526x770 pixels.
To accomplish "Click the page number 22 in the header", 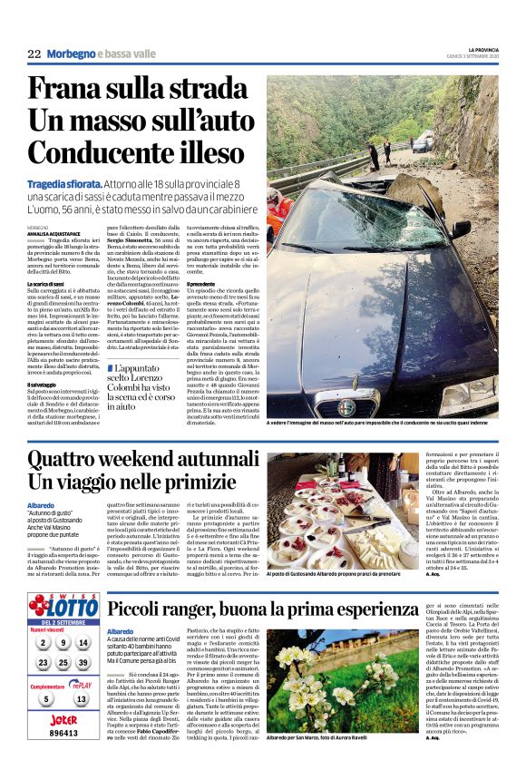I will coord(34,54).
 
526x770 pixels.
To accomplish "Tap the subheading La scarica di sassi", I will coord(49,285).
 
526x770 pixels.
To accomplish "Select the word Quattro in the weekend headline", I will coord(73,463).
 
